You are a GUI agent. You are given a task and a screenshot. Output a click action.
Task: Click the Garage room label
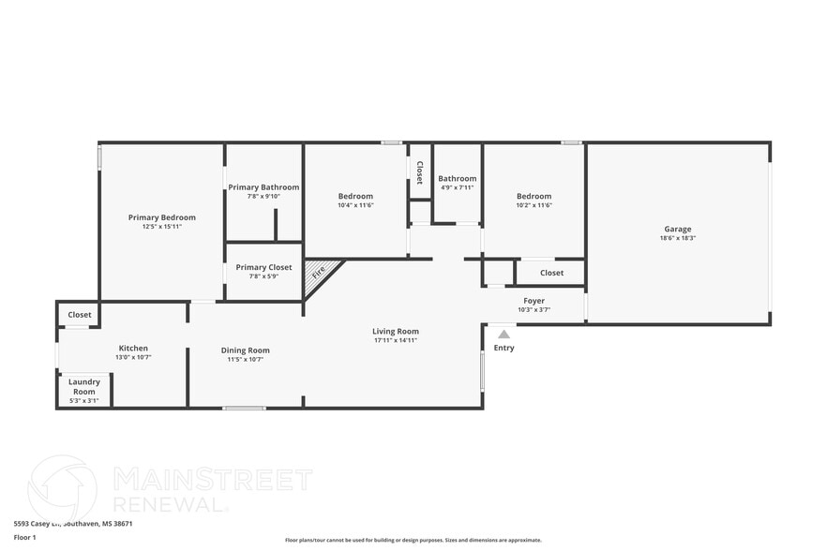coord(677,229)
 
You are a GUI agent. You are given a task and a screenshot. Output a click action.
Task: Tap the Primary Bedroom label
coord(162,217)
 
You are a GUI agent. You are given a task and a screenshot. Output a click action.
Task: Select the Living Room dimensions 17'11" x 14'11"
coord(395,340)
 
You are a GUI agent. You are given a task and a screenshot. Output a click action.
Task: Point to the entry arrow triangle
coord(504,334)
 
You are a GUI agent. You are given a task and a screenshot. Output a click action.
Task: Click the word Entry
coord(504,348)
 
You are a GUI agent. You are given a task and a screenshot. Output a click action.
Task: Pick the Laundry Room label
coord(84,386)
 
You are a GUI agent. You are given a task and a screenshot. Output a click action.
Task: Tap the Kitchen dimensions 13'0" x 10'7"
coord(133,357)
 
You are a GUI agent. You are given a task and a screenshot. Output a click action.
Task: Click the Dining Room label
coord(245,350)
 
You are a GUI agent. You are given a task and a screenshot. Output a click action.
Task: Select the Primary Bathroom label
coord(263,187)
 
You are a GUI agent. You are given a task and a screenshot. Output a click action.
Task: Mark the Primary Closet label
coord(263,267)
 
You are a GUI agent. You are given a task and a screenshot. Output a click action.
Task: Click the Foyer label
coord(534,301)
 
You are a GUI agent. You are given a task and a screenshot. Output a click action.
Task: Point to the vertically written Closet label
coord(420,172)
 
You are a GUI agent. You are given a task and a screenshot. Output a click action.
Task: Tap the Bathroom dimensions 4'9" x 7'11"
coord(457,187)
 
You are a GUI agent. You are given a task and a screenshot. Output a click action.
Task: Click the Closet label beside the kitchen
coord(80,315)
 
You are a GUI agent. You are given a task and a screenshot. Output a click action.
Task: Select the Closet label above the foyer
coord(551,273)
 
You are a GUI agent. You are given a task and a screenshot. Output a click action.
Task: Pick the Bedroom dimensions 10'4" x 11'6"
coord(355,205)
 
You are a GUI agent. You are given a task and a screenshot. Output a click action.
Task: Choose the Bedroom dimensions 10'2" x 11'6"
coord(534,205)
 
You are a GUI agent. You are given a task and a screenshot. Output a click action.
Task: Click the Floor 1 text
coord(25,537)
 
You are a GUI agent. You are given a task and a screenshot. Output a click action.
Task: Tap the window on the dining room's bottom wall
coord(244,408)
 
